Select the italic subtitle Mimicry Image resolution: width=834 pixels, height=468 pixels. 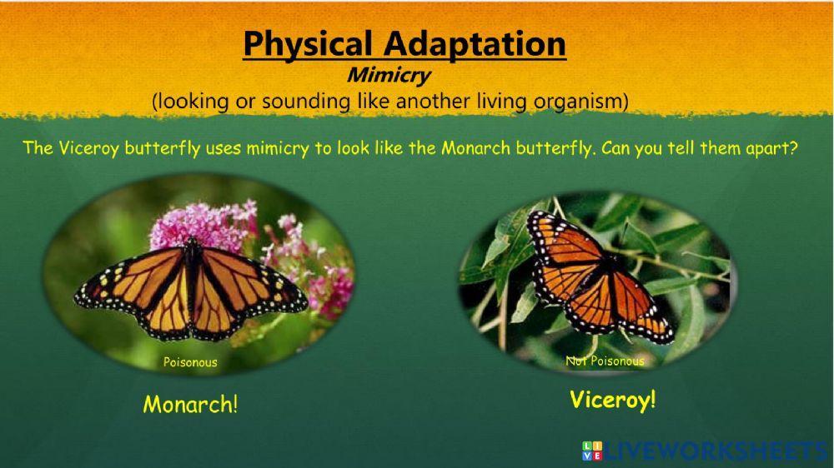[x=388, y=75]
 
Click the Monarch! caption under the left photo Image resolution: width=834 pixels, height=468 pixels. [x=190, y=405]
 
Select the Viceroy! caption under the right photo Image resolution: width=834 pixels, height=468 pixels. [x=613, y=400]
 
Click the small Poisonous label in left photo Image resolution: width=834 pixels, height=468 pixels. [x=190, y=362]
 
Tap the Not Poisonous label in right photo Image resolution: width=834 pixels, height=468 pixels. [x=605, y=361]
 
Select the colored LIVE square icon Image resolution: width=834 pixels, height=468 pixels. [x=592, y=451]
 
